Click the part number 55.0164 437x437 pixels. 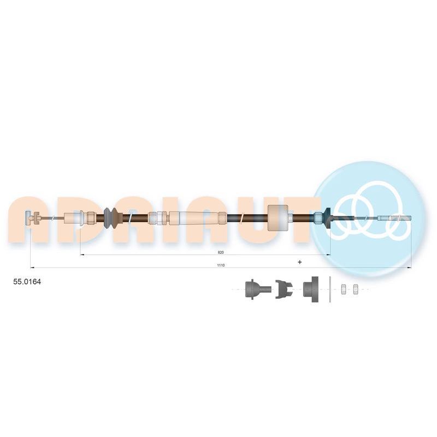[x=27, y=282]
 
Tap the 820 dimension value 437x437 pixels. [x=221, y=252]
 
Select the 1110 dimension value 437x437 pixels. [x=221, y=265]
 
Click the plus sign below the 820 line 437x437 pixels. [x=299, y=262]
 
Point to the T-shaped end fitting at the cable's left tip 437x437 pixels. [x=31, y=218]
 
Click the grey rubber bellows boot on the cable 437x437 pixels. [x=111, y=218]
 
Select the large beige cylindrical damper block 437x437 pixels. [x=277, y=218]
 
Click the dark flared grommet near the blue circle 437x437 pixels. [x=327, y=218]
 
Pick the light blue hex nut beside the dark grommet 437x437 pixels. [x=318, y=218]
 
